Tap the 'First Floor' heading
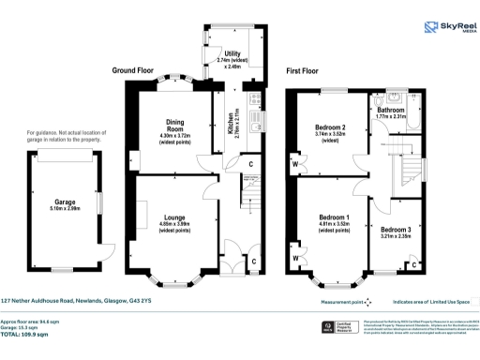pos(308,70)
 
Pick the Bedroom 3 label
pos(395,230)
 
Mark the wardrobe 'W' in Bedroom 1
pos(295,254)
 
